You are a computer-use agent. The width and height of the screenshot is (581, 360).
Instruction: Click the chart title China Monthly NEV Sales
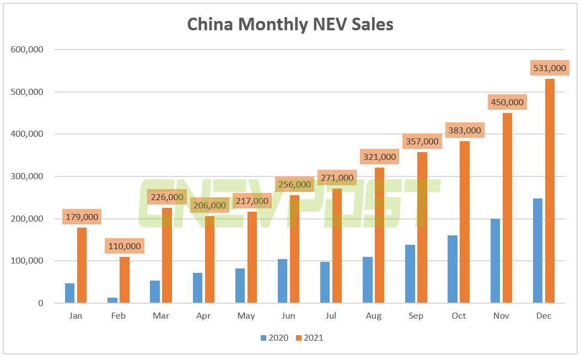[x=290, y=24]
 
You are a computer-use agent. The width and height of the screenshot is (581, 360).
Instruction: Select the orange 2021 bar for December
[x=550, y=191]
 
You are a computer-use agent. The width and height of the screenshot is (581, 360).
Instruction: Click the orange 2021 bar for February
[x=125, y=280]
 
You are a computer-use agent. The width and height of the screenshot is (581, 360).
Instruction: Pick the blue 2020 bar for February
[x=112, y=300]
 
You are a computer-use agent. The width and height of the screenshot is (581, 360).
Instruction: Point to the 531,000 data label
[x=550, y=68]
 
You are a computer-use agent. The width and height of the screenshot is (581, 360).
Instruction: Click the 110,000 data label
[x=125, y=246]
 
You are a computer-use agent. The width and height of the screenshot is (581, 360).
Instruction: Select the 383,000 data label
[x=465, y=131]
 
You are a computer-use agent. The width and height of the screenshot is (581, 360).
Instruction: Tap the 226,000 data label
[x=167, y=197]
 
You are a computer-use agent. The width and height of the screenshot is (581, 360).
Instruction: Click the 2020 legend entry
[x=274, y=337]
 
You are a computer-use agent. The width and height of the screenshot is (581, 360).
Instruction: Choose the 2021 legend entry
[x=309, y=337]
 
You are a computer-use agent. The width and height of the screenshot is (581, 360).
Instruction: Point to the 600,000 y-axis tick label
[x=27, y=50]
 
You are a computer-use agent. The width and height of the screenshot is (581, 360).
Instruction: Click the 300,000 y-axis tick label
[x=27, y=176]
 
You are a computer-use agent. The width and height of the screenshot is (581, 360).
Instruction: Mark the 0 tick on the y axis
[x=41, y=303]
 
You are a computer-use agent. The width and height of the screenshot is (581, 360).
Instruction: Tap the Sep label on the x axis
[x=416, y=316]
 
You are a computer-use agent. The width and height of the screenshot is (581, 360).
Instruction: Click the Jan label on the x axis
[x=76, y=316]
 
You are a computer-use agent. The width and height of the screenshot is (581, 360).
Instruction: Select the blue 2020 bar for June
[x=283, y=281]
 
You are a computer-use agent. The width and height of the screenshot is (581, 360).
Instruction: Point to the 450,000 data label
[x=507, y=102]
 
